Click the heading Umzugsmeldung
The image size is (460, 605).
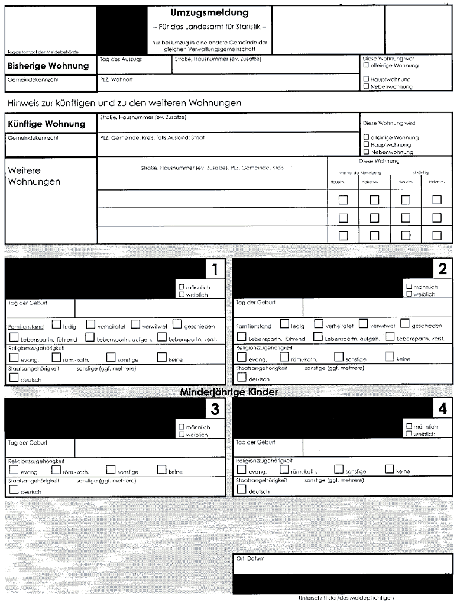(x=209, y=13)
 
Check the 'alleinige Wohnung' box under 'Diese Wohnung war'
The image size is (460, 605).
(x=366, y=66)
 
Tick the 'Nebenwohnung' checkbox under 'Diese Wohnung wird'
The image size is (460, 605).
(x=366, y=152)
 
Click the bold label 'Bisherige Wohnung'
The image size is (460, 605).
(x=48, y=66)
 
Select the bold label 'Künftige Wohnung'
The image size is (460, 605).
(x=46, y=124)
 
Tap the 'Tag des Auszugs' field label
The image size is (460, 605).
(x=121, y=59)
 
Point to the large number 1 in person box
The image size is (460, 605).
(x=215, y=270)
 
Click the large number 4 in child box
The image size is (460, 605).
(x=442, y=409)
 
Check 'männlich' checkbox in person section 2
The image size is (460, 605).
(x=409, y=287)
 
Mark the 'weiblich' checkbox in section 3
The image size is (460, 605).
(x=181, y=434)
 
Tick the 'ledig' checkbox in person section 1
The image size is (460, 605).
(x=56, y=324)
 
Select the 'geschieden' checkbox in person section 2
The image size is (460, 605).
(x=405, y=324)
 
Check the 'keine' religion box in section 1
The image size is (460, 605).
(x=162, y=357)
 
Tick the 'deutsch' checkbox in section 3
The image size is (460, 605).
(x=14, y=490)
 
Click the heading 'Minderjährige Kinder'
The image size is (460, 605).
(x=228, y=392)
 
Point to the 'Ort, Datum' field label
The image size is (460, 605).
(x=250, y=559)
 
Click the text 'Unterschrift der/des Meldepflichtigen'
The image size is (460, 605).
(x=346, y=597)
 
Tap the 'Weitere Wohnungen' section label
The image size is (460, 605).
(x=34, y=176)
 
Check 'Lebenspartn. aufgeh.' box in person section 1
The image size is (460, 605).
(x=90, y=337)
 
